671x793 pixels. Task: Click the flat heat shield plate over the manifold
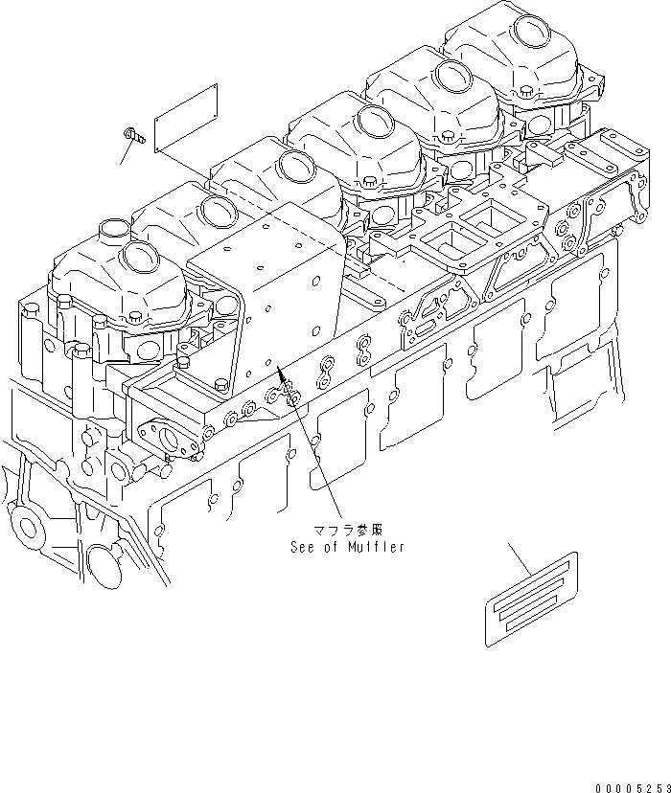click(x=278, y=287)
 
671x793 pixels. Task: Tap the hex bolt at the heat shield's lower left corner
click(x=180, y=362)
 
